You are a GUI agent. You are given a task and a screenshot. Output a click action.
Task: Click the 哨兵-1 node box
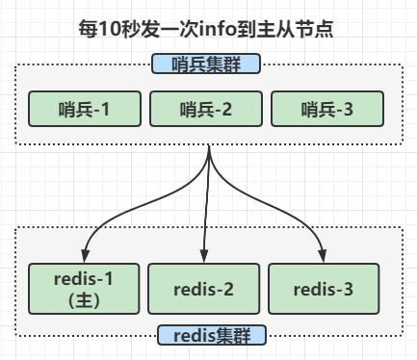click(x=86, y=110)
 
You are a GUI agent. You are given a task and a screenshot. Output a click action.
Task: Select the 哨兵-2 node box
click(x=206, y=110)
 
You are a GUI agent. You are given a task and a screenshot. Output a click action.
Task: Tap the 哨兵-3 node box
click(x=326, y=110)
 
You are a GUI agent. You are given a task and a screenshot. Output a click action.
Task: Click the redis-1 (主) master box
click(x=86, y=287)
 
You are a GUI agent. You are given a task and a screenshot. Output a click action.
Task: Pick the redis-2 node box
click(x=203, y=288)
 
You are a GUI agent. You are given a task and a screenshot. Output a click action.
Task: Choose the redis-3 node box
click(x=325, y=288)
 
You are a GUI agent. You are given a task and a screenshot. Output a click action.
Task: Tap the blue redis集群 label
click(x=206, y=336)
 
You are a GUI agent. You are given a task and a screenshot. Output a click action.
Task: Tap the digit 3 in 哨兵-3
click(x=349, y=110)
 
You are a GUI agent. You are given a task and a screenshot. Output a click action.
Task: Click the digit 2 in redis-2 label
click(x=227, y=288)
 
